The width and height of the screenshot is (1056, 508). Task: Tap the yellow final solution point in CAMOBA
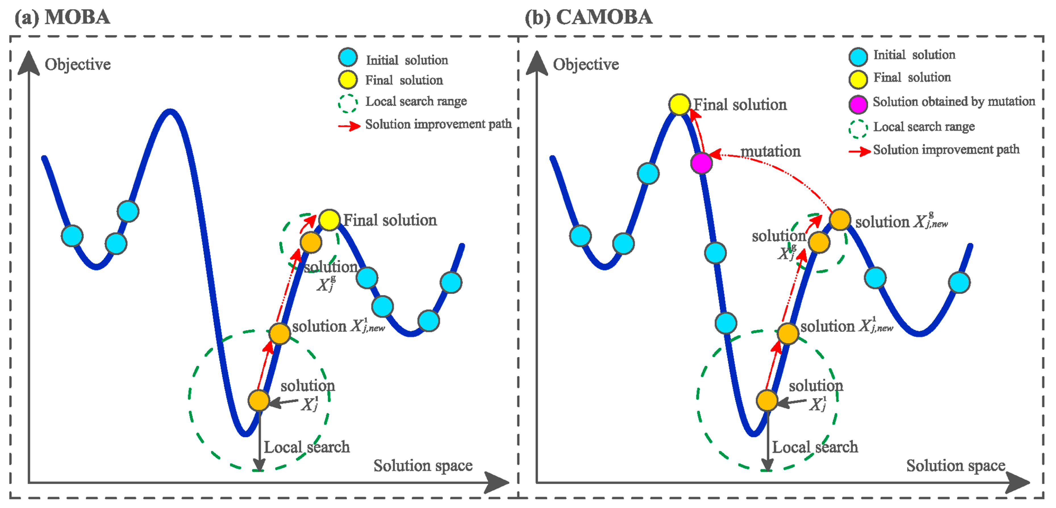[679, 104]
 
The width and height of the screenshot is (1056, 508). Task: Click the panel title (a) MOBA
[62, 17]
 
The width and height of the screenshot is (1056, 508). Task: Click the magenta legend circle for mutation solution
[858, 104]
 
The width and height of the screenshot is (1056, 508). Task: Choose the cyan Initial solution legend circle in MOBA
[348, 57]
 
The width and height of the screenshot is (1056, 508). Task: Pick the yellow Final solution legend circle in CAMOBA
[858, 79]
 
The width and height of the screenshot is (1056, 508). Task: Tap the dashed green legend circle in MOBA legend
[348, 103]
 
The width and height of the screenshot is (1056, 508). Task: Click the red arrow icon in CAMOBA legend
[859, 152]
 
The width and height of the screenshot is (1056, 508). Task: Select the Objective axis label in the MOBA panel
[78, 65]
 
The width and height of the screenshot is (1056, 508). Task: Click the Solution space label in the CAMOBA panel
[955, 465]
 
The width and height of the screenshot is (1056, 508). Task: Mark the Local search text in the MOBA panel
[307, 447]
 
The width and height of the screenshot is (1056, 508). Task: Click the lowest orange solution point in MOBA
[259, 400]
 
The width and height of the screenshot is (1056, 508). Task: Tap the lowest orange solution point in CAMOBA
[767, 400]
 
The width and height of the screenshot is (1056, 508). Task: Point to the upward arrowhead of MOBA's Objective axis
[29, 62]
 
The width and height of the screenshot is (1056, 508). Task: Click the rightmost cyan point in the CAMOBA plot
[959, 282]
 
